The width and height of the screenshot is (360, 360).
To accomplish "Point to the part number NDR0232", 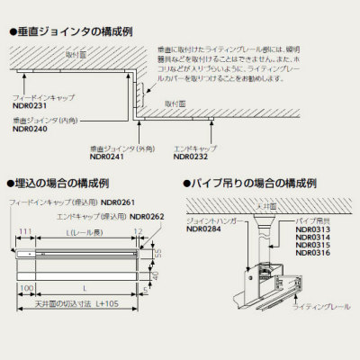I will (189, 156).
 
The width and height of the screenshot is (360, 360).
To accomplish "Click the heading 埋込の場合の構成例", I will (67, 184).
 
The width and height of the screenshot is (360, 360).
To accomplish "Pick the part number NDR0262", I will (148, 216).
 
